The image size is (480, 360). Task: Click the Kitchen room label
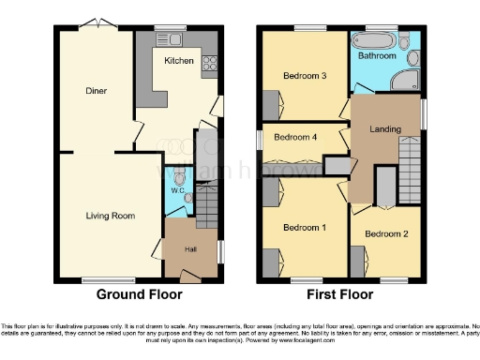(179, 61)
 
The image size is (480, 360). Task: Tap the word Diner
(95, 92)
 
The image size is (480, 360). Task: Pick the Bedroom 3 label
(305, 77)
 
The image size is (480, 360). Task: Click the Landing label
(385, 129)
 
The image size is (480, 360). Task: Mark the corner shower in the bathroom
(410, 80)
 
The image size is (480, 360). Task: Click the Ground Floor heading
(139, 293)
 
